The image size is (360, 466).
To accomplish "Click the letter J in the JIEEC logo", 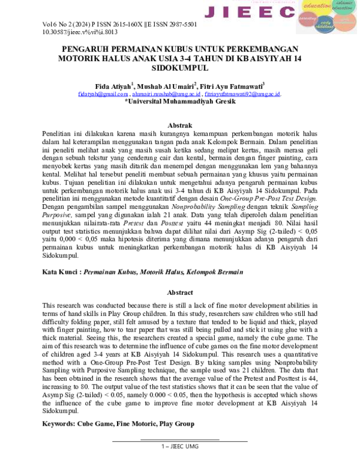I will point(211,12).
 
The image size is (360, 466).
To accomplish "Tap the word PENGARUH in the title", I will point(89,50).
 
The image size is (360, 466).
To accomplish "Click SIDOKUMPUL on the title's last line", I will point(179,69).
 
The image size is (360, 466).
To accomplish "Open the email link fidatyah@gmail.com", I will point(103,94).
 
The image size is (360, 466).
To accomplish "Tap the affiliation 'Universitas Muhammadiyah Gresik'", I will point(180,102).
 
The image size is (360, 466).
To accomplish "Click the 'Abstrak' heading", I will point(179,124).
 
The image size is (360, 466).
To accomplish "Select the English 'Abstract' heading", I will point(179,292).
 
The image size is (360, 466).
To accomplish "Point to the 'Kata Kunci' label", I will point(61,272).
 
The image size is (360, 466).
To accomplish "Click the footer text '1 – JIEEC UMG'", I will point(179,447).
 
